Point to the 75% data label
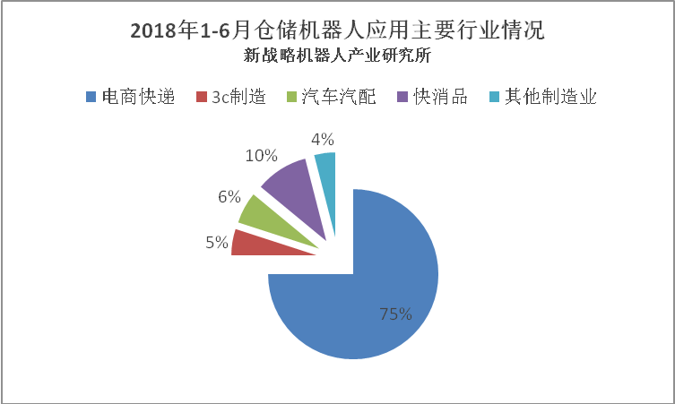click(x=395, y=314)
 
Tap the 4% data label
click(x=323, y=139)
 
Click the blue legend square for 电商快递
click(x=91, y=97)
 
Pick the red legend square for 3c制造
click(x=202, y=97)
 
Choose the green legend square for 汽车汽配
click(x=290, y=97)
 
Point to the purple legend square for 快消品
click(x=400, y=97)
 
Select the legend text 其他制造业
click(x=549, y=97)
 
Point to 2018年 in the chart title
click(x=163, y=30)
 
